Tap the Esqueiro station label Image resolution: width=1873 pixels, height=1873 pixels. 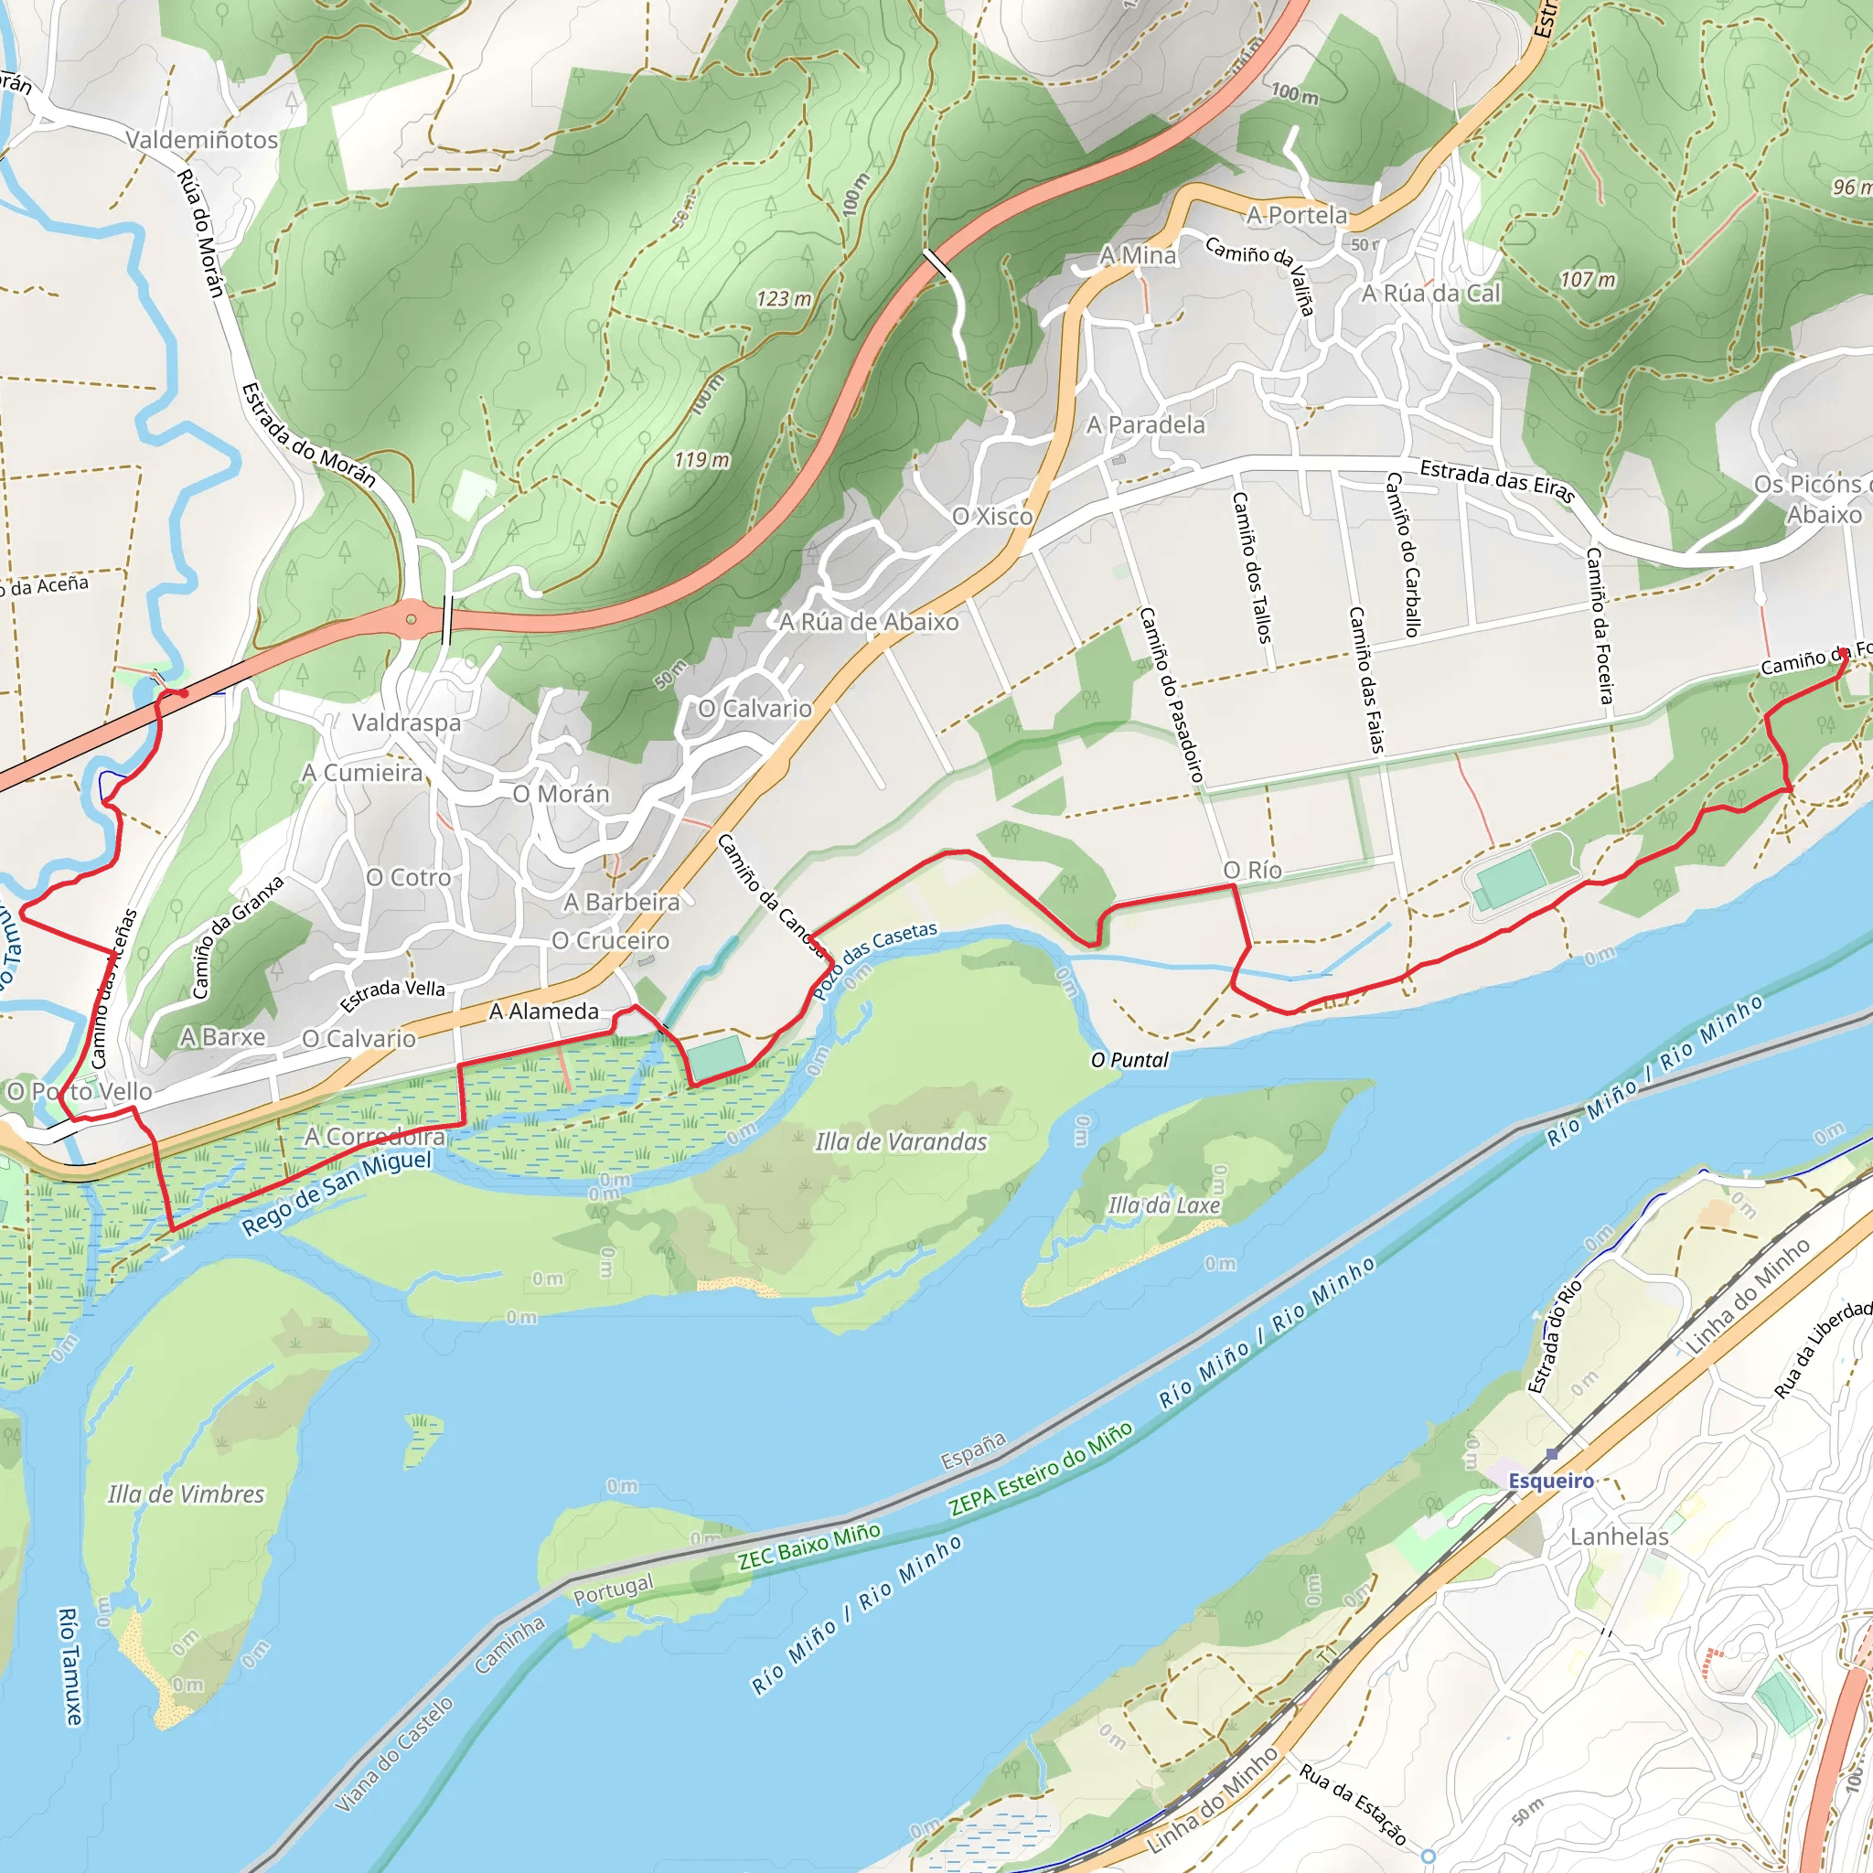1551,1481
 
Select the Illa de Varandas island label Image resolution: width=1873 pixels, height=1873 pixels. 901,1142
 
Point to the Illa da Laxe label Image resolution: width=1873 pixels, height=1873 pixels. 1163,1205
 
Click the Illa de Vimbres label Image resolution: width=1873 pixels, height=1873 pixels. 185,1494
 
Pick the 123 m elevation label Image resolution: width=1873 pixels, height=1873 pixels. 784,298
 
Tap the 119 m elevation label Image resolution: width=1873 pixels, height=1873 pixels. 701,459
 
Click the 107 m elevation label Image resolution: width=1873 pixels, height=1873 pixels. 1587,279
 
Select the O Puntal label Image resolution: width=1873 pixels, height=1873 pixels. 1129,1060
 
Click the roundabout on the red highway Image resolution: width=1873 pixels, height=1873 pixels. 412,618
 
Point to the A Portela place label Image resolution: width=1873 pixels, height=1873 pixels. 1296,215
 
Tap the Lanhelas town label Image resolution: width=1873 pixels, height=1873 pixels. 1619,1536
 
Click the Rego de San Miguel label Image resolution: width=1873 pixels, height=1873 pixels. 337,1193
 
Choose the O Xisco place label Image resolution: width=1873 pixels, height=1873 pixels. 991,516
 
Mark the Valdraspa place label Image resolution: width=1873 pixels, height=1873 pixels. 406,722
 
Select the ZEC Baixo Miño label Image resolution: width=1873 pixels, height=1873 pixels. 808,1546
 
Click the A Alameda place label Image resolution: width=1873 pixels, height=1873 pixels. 544,1011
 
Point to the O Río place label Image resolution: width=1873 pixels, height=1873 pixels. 1252,870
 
